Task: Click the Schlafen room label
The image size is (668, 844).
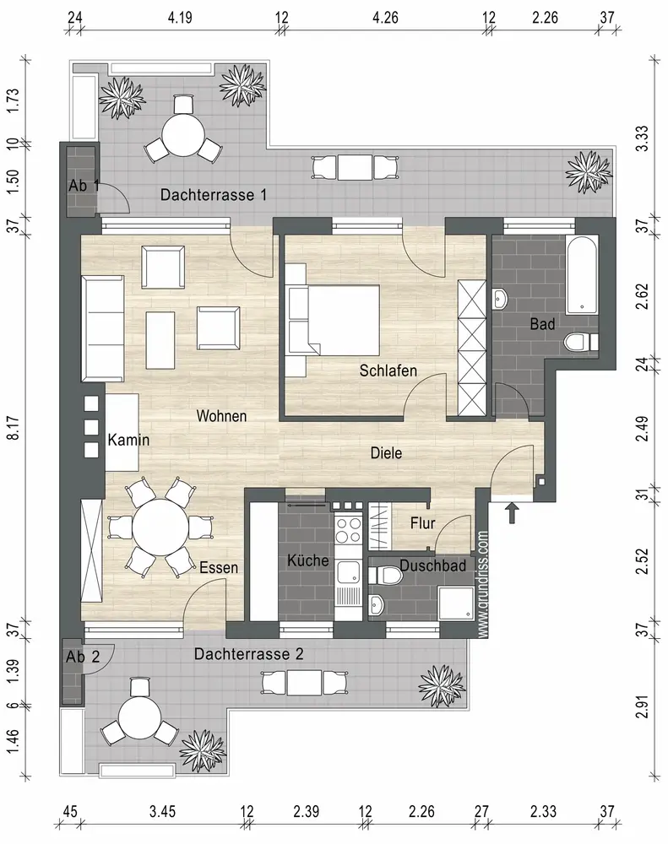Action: [x=388, y=371]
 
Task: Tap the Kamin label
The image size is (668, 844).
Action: [x=128, y=440]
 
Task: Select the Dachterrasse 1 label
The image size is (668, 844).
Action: [x=214, y=194]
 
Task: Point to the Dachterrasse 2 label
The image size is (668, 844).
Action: [x=249, y=654]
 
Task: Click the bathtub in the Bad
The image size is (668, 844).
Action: [x=581, y=274]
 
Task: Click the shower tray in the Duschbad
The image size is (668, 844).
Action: [x=456, y=603]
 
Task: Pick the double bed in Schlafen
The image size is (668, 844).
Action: [x=334, y=320]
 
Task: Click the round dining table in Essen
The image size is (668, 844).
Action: [x=160, y=527]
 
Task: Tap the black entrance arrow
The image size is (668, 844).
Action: [x=512, y=512]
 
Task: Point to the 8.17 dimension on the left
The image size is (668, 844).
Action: [x=14, y=428]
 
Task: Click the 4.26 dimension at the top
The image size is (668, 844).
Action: [x=385, y=18]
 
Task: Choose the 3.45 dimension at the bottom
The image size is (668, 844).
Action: [x=162, y=810]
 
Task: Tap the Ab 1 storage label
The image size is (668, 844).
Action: [x=84, y=186]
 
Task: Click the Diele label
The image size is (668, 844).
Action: [x=386, y=452]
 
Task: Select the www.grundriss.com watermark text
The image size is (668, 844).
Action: [x=483, y=585]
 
